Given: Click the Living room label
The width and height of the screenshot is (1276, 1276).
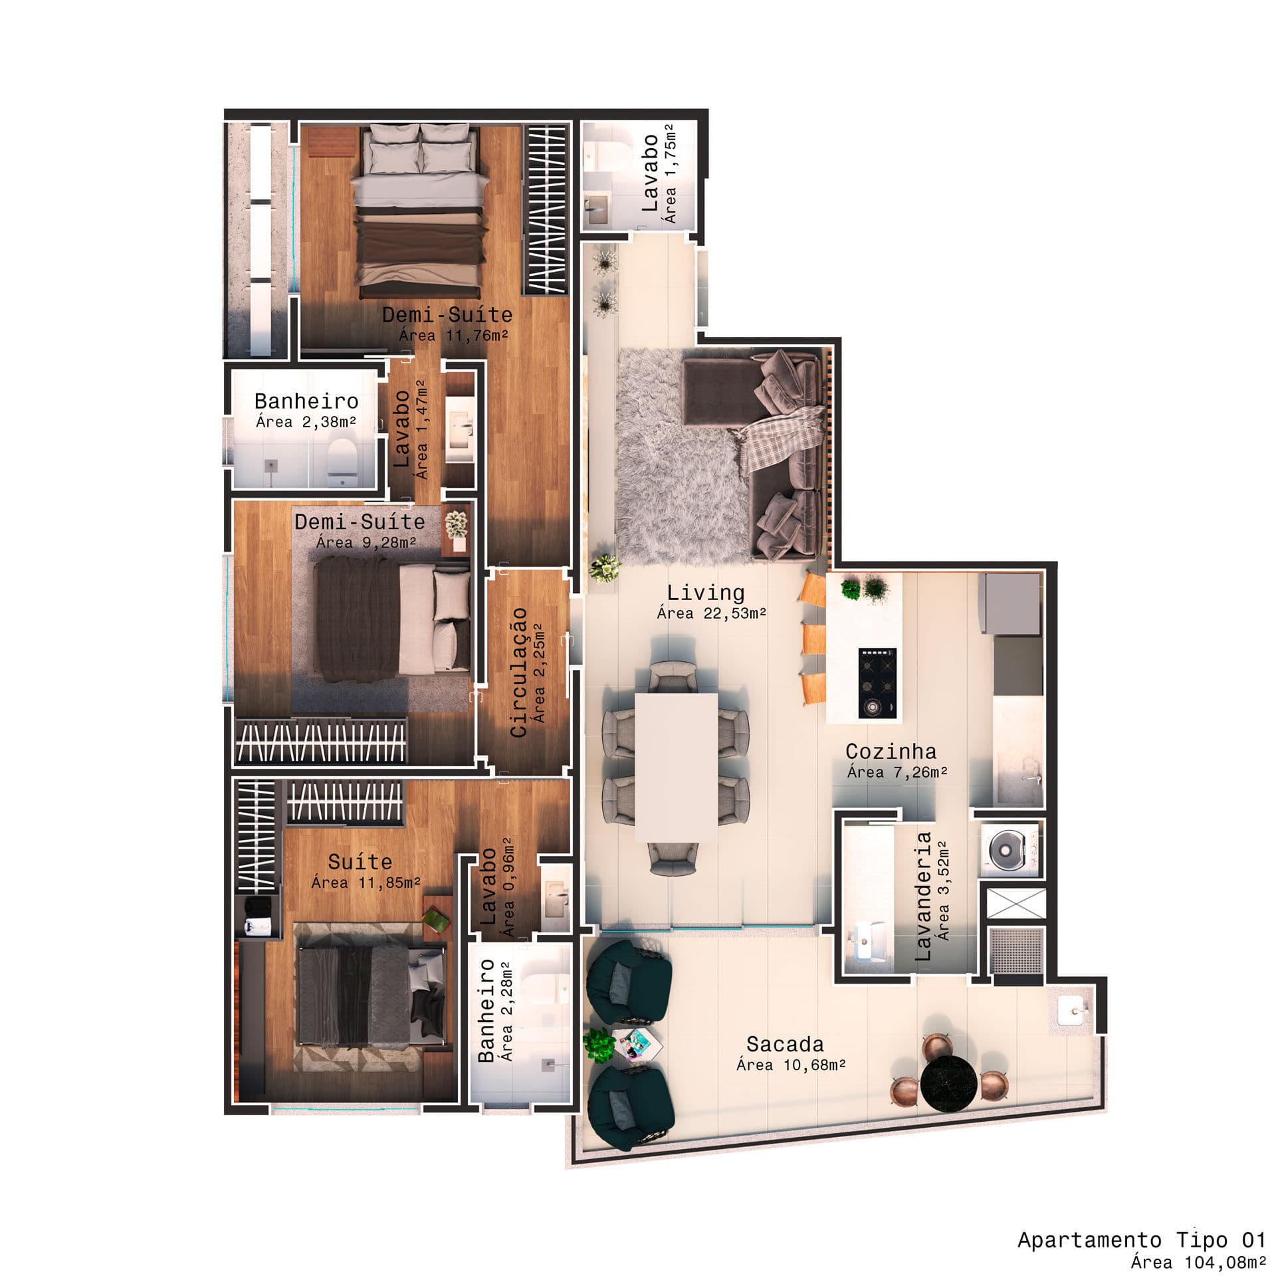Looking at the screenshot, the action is tap(705, 592).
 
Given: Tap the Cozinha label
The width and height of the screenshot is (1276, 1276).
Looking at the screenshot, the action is tap(891, 752).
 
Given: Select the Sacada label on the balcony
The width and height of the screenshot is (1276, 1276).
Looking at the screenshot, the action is tap(785, 1045).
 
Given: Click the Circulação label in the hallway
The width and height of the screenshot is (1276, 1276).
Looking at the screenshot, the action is tap(518, 672).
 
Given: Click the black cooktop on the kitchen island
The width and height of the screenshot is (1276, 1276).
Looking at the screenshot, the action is tap(877, 683).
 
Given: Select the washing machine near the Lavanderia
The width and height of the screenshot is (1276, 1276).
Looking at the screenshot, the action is tap(1008, 849).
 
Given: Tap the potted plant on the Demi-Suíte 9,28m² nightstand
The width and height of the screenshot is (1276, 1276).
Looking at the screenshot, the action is tap(456, 524).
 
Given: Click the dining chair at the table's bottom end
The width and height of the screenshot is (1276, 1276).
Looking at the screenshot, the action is tap(673, 858).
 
